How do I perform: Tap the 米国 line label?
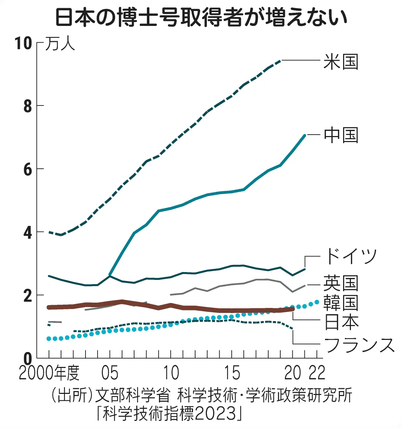(341, 62)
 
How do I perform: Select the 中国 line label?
(341, 135)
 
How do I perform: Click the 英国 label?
(341, 283)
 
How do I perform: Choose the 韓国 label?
(341, 303)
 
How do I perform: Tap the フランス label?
(359, 345)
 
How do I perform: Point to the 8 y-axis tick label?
(28, 106)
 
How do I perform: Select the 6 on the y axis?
(28, 169)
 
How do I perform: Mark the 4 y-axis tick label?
(28, 233)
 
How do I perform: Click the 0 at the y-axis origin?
(28, 359)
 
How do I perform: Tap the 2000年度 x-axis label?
(49, 373)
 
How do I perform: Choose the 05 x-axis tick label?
(110, 373)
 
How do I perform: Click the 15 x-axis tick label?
(232, 373)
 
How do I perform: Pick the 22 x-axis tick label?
(317, 373)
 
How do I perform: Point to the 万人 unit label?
(60, 44)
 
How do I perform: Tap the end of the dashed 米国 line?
(281, 61)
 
